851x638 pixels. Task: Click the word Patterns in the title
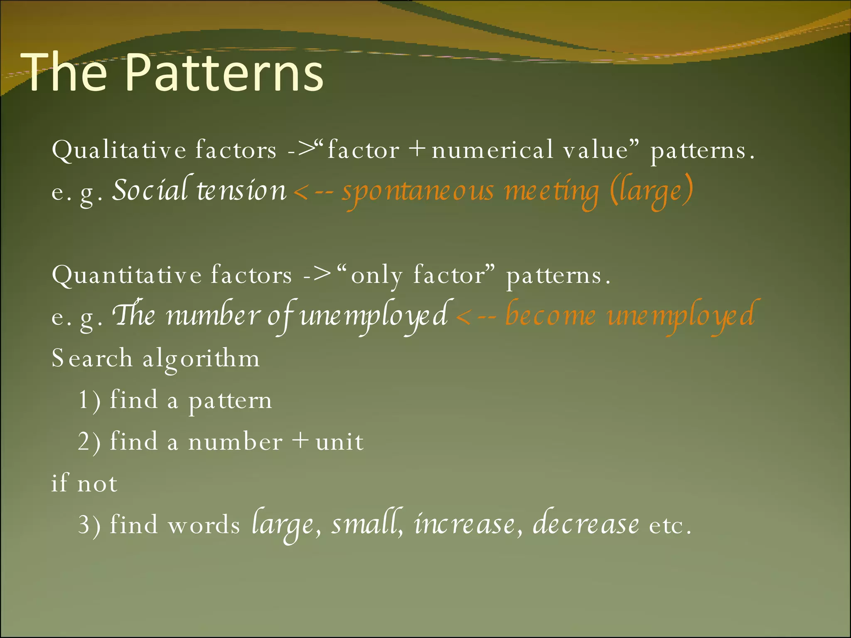(224, 73)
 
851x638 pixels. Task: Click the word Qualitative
(119, 150)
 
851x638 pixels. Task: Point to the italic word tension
(241, 191)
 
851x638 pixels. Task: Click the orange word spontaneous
(418, 192)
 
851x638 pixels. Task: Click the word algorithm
(201, 358)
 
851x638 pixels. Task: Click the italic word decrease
(586, 524)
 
